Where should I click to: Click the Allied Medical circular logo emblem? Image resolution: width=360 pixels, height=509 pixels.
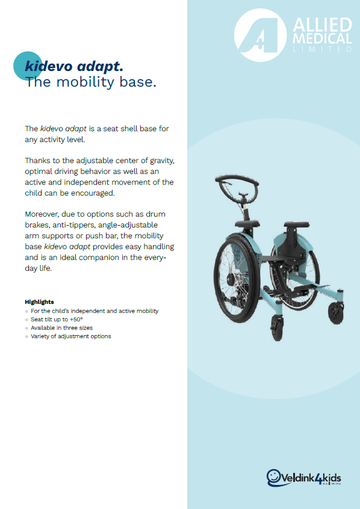coord(260,35)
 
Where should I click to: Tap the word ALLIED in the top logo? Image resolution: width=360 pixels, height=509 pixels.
coord(322,25)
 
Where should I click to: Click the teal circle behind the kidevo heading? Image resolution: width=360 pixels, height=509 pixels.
coord(28,66)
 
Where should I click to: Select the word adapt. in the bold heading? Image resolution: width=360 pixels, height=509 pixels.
coord(100,67)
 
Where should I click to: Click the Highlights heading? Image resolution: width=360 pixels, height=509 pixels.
coord(39,302)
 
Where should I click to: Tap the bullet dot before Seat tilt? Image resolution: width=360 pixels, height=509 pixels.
coord(26,319)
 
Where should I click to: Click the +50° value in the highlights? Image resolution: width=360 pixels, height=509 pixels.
coord(76,319)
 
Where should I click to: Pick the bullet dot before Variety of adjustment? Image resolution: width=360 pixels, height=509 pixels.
coord(26,337)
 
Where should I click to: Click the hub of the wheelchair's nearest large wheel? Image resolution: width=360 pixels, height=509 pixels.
coord(231,279)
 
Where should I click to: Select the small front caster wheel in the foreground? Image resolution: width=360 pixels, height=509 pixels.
coord(277,327)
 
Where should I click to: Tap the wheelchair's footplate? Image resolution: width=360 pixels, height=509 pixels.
coord(314,287)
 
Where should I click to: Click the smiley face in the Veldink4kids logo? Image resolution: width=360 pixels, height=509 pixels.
coord(274,477)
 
